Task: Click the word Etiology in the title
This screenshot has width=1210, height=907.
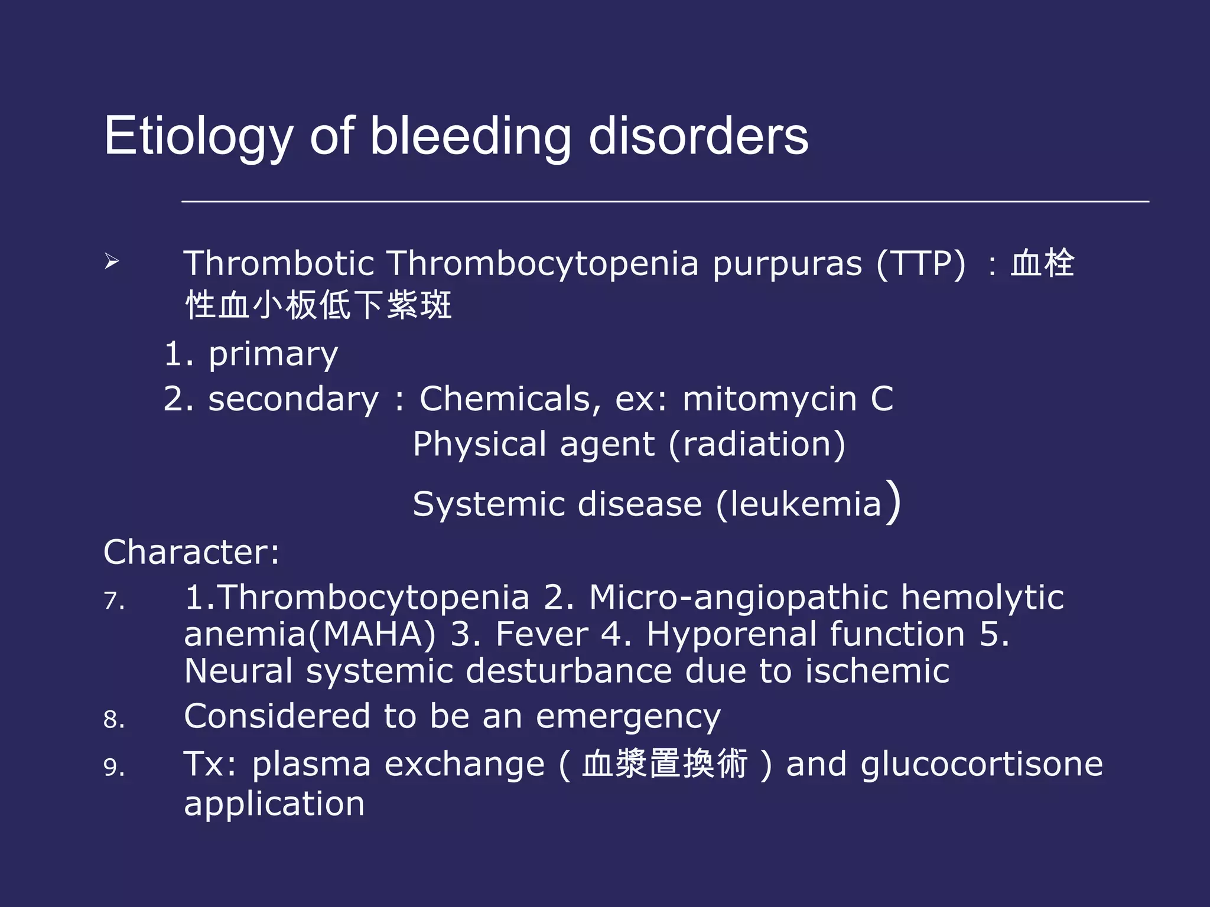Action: point(198,137)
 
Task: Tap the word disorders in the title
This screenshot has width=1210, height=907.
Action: point(698,137)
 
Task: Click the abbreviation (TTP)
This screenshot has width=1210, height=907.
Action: point(921,263)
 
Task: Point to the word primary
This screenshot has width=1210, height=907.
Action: point(273,355)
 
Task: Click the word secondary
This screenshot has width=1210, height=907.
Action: point(293,399)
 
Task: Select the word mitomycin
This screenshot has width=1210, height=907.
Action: point(769,399)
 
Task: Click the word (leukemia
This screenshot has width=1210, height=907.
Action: point(799,504)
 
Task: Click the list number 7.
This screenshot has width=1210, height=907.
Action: point(114,601)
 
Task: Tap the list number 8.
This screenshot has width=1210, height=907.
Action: point(114,720)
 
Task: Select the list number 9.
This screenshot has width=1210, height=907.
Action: point(114,768)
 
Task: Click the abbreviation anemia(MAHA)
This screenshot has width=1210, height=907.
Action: point(310,635)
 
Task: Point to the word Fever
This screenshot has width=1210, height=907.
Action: point(542,635)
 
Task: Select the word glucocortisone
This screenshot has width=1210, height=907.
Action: point(981,764)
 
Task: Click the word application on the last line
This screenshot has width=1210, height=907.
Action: point(274,804)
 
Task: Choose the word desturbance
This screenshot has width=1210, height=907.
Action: point(568,671)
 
